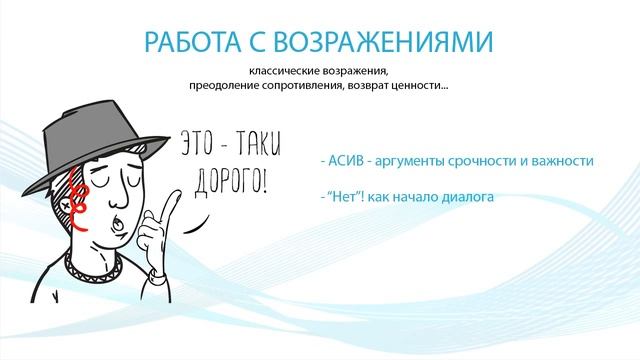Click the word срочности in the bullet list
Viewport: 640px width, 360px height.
point(495,160)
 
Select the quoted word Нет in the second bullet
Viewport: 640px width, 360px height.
point(339,198)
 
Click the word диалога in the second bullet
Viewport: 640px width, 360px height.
point(469,198)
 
